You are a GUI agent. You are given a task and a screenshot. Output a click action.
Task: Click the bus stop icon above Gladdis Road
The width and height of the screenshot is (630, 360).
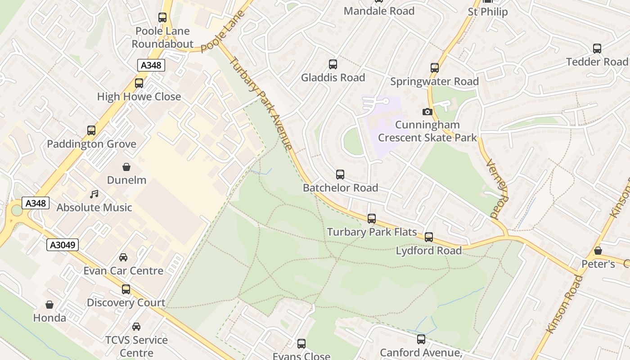333,64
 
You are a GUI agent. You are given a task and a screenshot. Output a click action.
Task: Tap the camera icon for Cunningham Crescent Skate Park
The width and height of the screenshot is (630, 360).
427,112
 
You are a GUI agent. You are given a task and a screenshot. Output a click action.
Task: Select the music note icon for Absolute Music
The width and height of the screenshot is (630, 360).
94,194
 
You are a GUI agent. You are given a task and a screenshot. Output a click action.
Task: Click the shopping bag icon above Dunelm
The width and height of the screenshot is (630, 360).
126,167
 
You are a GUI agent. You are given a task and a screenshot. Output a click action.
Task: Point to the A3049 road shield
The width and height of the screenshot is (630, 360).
63,245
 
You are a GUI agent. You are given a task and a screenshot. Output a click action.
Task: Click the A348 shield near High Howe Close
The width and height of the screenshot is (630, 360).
151,65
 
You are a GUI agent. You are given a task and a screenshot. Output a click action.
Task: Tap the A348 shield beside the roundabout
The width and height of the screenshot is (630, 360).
36,203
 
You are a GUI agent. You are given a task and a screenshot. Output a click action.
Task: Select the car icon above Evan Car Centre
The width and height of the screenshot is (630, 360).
123,257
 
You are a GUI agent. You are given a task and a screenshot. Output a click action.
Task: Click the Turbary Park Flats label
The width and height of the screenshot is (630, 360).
372,232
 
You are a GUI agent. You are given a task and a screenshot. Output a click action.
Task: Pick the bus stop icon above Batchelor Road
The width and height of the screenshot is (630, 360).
340,175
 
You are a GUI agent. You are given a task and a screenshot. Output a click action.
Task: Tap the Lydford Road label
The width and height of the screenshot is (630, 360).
429,251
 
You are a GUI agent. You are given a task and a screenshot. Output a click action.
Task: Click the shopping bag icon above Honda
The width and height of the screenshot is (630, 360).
49,305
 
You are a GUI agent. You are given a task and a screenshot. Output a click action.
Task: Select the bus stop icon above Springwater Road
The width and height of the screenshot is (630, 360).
434,68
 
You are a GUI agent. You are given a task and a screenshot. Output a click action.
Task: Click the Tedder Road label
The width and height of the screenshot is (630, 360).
597,62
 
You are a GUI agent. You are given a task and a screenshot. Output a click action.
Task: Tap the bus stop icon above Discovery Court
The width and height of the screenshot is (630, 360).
126,289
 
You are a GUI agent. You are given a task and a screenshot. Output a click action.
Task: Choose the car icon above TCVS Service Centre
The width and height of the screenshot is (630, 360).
136,327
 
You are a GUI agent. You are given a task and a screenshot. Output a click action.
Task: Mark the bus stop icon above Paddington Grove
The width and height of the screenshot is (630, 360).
91,130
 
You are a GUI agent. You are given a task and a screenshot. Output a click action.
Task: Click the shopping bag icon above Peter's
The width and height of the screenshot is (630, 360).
598,251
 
